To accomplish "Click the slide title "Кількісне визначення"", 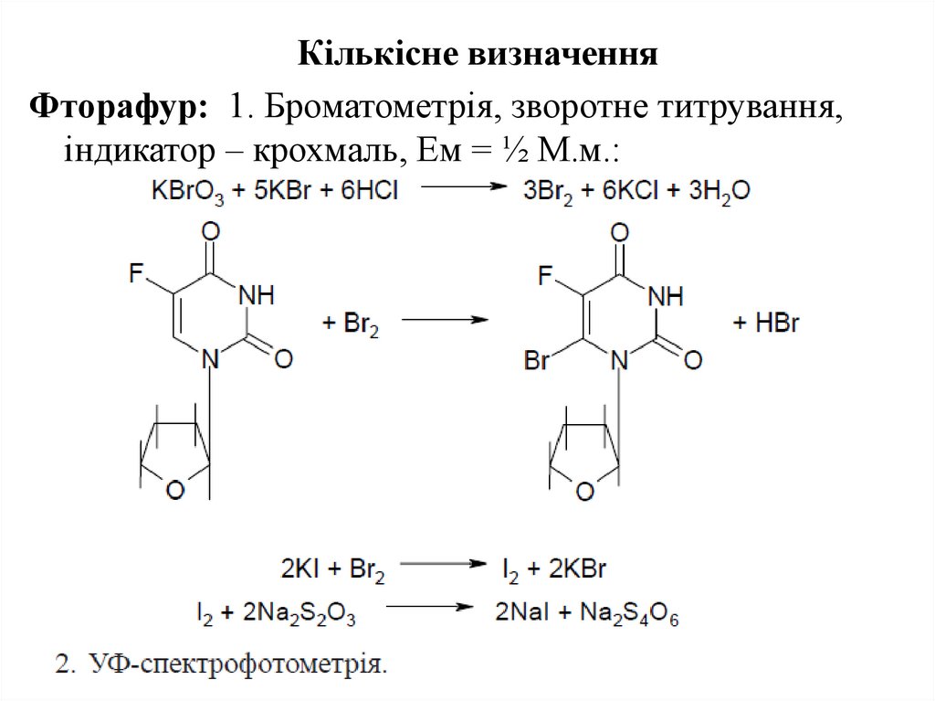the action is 478,54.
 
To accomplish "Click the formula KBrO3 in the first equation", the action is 188,193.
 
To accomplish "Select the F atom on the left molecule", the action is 137,272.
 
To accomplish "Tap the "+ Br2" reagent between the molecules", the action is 352,323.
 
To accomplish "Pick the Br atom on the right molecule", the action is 538,360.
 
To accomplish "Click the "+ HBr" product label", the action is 767,323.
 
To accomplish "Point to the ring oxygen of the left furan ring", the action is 174,491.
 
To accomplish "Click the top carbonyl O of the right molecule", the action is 620,230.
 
